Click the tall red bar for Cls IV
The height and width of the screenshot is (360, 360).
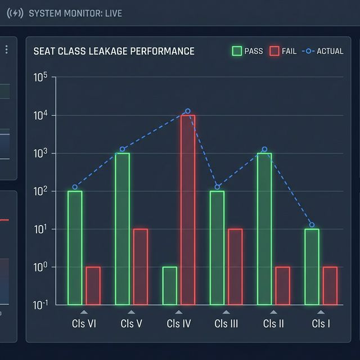pyautogui.click(x=188, y=209)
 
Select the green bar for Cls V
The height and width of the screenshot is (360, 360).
pyautogui.click(x=123, y=228)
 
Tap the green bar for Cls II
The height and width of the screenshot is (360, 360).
pyautogui.click(x=264, y=228)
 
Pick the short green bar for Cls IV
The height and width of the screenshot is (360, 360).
pyautogui.click(x=170, y=286)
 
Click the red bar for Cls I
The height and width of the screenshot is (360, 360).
pyautogui.click(x=330, y=286)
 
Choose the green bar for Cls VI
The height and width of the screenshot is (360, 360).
pyautogui.click(x=75, y=247)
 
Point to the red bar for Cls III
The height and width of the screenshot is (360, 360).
pyautogui.click(x=235, y=267)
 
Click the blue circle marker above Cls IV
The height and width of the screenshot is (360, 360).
pyautogui.click(x=188, y=111)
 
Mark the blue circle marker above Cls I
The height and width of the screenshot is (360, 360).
pyautogui.click(x=312, y=225)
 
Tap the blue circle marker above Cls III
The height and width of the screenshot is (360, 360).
pyautogui.click(x=218, y=187)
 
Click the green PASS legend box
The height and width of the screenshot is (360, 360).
pyautogui.click(x=237, y=51)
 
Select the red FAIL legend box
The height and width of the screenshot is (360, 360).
pyautogui.click(x=274, y=51)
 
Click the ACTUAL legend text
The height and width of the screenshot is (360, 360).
pyautogui.click(x=330, y=51)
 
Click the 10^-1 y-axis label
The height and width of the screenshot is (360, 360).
pyautogui.click(x=41, y=305)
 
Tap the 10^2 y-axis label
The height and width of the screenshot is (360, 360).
pyautogui.click(x=41, y=192)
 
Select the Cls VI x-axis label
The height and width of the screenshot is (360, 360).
pyautogui.click(x=84, y=324)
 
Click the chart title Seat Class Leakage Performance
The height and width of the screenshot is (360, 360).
pyautogui.click(x=114, y=51)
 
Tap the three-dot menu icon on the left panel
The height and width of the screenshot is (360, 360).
pyautogui.click(x=7, y=49)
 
